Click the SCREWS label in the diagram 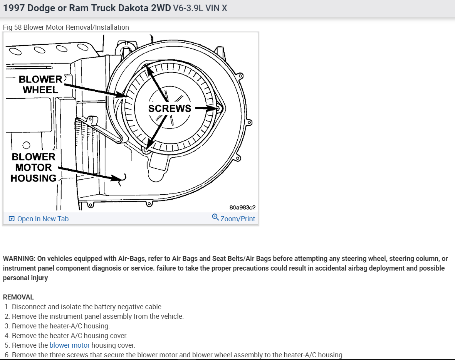point(170,109)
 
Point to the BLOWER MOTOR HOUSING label point(33,167)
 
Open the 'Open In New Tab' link point(43,219)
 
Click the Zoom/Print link point(237,219)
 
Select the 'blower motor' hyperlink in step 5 point(69,345)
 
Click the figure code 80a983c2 point(242,207)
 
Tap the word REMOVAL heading point(18,297)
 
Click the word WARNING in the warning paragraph point(19,259)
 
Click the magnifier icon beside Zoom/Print point(215,217)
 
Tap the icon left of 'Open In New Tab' point(12,219)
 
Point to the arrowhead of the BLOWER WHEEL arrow point(123,95)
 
